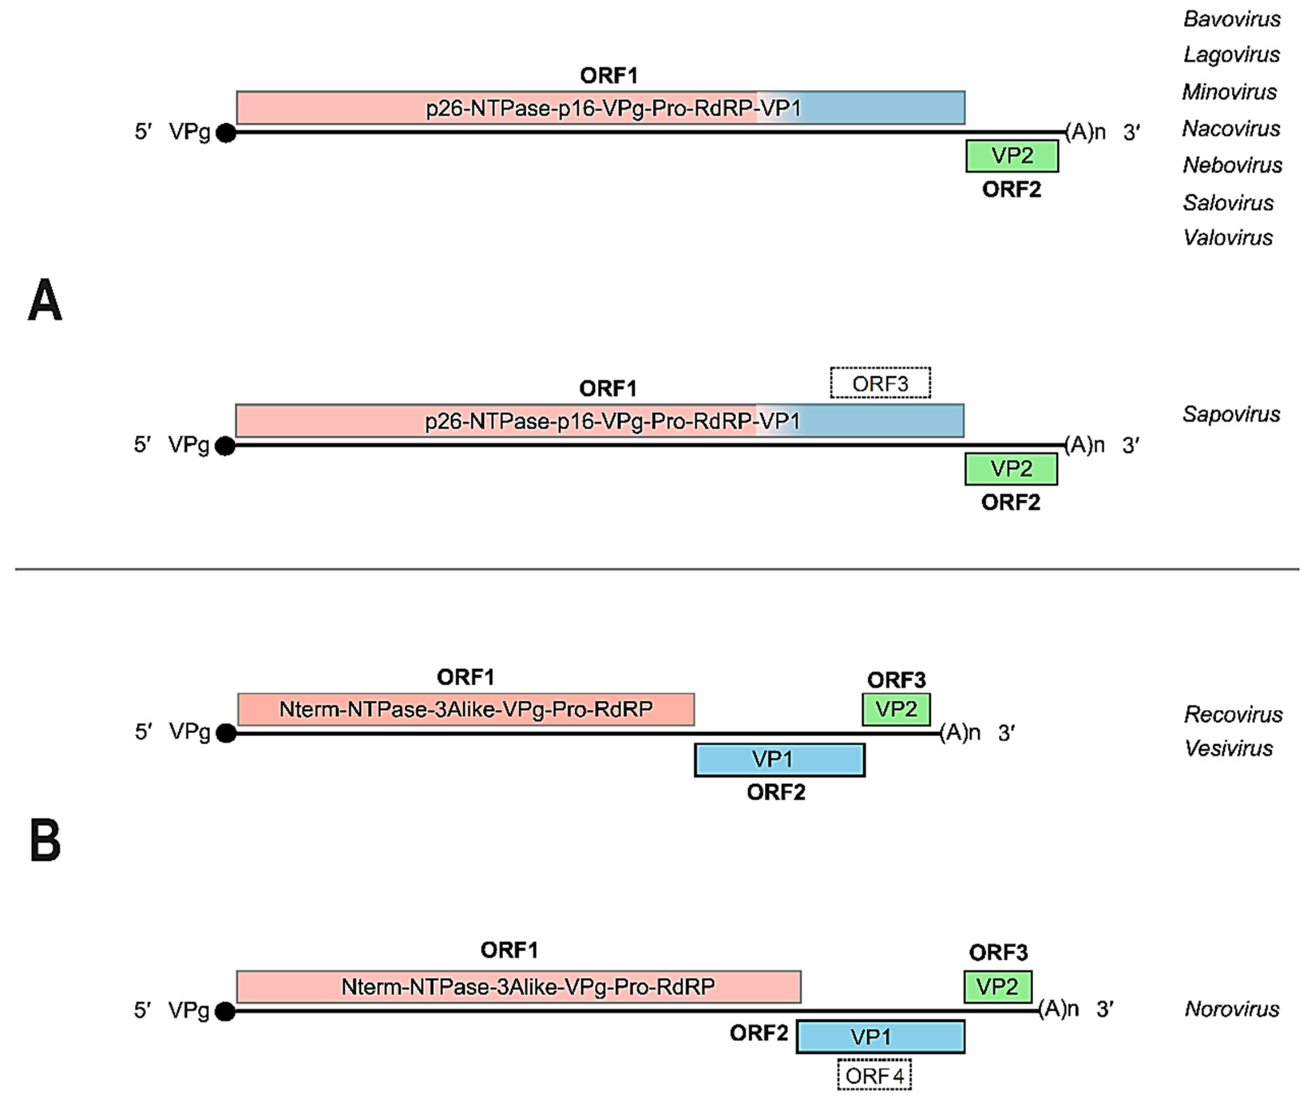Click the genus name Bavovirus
[1232, 19]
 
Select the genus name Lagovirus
[1231, 55]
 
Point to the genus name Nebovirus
[1232, 165]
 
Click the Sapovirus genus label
[1231, 414]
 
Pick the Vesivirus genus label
[1228, 749]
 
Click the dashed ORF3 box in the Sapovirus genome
[880, 383]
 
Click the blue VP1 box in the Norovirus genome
[880, 1037]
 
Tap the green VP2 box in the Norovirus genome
[997, 987]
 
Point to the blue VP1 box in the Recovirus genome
[779, 760]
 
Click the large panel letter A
[45, 301]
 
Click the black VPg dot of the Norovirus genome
[225, 1012]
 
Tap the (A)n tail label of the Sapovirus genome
[1084, 445]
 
